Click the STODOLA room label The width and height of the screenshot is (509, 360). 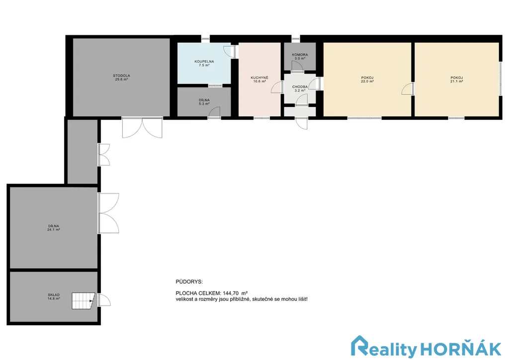click(x=121, y=76)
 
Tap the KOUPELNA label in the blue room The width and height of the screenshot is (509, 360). click(x=204, y=61)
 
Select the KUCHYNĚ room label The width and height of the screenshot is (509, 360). click(x=259, y=78)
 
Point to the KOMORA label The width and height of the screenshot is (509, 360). click(x=300, y=55)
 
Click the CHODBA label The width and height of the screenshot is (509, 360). click(x=300, y=87)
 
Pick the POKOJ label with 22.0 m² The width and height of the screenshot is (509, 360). click(x=367, y=78)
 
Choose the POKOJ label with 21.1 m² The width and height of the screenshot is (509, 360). click(x=456, y=78)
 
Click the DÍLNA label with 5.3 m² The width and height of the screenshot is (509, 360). click(x=204, y=100)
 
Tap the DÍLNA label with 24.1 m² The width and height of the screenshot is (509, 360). click(x=54, y=226)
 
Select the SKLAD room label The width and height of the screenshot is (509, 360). click(x=54, y=295)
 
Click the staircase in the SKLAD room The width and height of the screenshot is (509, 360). click(x=83, y=301)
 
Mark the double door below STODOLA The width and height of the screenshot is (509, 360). click(x=142, y=128)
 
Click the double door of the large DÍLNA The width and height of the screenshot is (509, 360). click(x=109, y=213)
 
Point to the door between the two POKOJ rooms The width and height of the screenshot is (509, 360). click(x=408, y=89)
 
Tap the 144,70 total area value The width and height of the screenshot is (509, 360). click(x=231, y=293)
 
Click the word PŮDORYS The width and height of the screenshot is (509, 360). click(x=189, y=282)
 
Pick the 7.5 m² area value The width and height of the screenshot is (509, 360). click(x=204, y=65)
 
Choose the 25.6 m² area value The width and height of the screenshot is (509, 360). click(x=121, y=80)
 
